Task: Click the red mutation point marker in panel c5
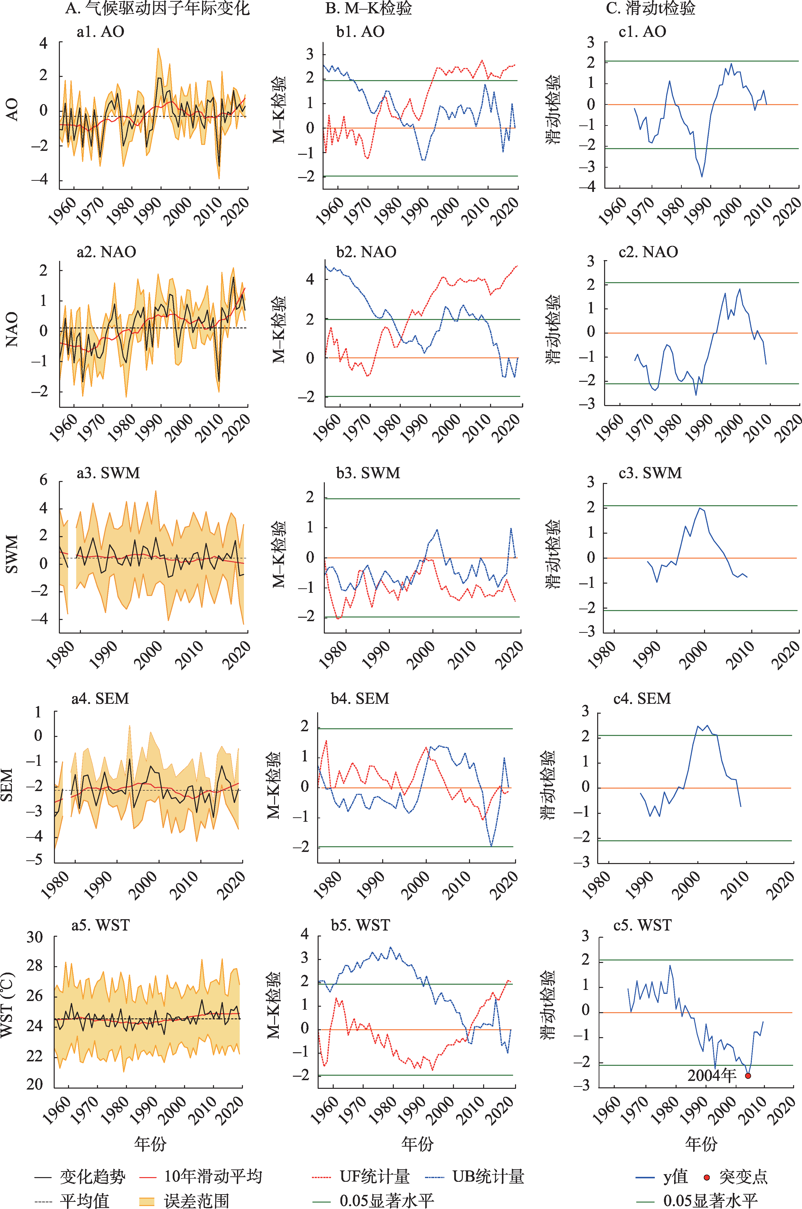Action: point(748,1075)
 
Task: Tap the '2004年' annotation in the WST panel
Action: point(711,1075)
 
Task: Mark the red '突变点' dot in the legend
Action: point(707,1177)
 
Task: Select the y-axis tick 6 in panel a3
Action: point(44,480)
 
